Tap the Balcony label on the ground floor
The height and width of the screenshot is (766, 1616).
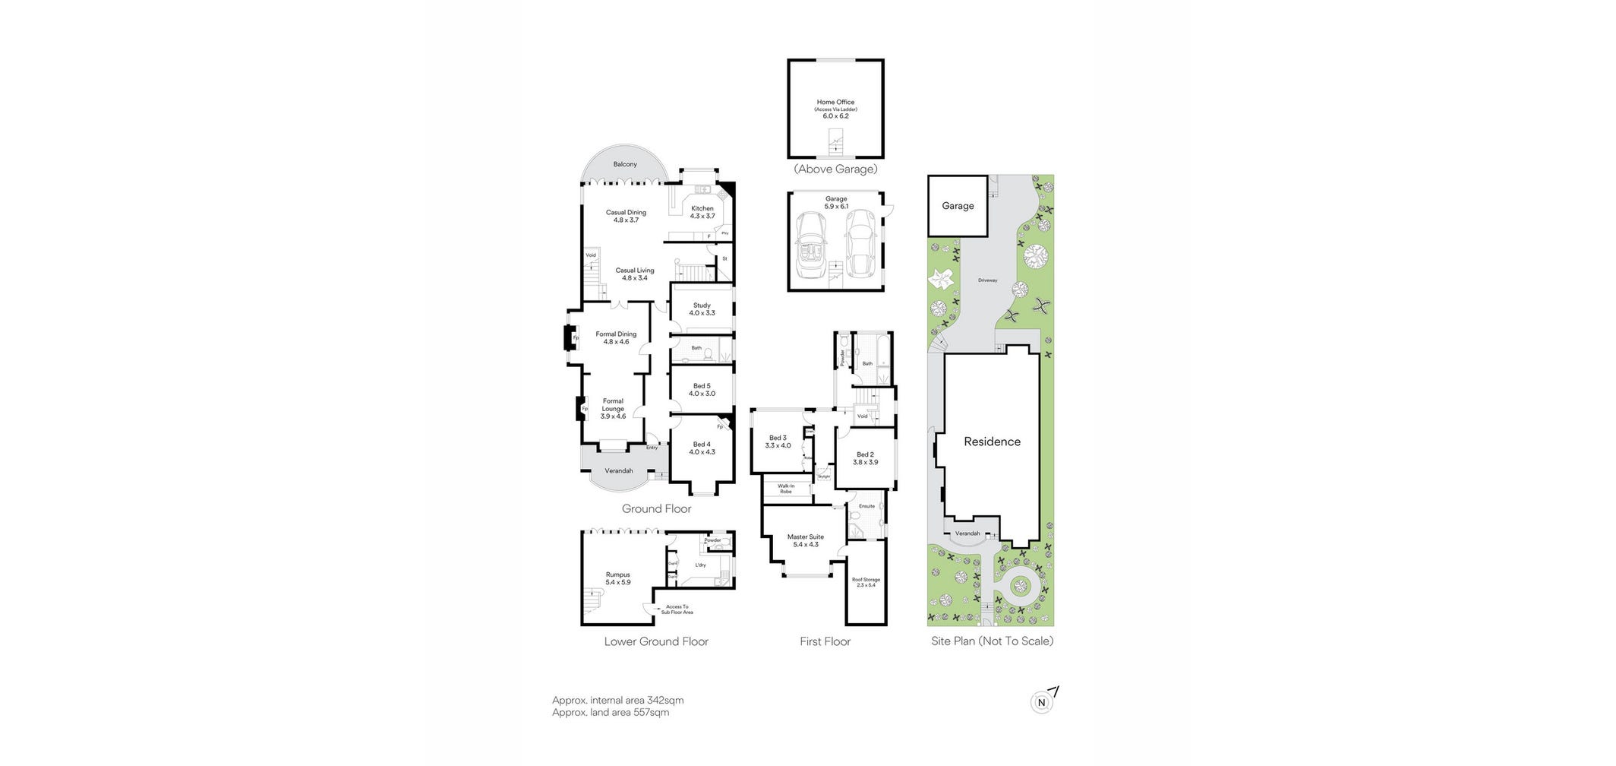tap(625, 165)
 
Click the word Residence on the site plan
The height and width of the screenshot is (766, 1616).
tap(992, 442)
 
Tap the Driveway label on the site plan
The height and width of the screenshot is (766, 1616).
tap(987, 280)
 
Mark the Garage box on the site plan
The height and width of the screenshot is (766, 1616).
tap(958, 206)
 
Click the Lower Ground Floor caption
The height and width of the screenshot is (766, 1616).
tap(656, 641)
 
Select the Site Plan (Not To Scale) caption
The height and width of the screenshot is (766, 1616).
tap(992, 641)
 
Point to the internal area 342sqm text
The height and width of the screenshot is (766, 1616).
tap(617, 701)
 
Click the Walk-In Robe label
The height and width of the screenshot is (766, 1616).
tap(786, 489)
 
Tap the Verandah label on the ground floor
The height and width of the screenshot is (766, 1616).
tap(618, 471)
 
